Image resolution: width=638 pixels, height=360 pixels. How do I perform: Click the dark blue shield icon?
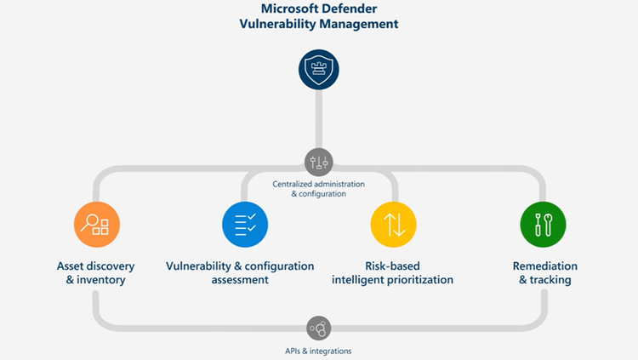click(x=319, y=70)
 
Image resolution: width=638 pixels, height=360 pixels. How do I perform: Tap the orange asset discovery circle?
click(x=97, y=225)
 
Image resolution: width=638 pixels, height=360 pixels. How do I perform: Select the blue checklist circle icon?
click(x=245, y=225)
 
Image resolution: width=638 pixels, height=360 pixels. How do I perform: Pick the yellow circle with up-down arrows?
click(x=394, y=225)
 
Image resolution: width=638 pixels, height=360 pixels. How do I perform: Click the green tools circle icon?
click(x=544, y=225)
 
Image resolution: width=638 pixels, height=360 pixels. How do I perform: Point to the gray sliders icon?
click(x=319, y=162)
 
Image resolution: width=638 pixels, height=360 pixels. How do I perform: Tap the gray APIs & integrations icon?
click(x=319, y=329)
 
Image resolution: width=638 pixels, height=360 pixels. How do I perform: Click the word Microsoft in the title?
click(x=288, y=9)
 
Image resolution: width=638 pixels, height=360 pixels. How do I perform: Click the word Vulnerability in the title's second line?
click(x=277, y=24)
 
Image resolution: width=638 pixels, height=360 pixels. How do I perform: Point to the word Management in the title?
click(x=359, y=24)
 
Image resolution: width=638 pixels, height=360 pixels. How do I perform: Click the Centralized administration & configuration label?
click(x=319, y=189)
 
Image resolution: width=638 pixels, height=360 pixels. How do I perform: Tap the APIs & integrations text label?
click(x=318, y=351)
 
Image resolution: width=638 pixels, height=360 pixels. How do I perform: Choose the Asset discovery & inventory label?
click(x=95, y=273)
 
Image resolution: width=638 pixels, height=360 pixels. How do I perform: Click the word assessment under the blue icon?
click(x=240, y=280)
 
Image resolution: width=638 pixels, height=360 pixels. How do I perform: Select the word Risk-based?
click(x=392, y=266)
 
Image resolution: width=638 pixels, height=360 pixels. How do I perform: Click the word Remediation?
click(x=544, y=266)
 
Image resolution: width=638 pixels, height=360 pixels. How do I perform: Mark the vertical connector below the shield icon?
click(x=319, y=119)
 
